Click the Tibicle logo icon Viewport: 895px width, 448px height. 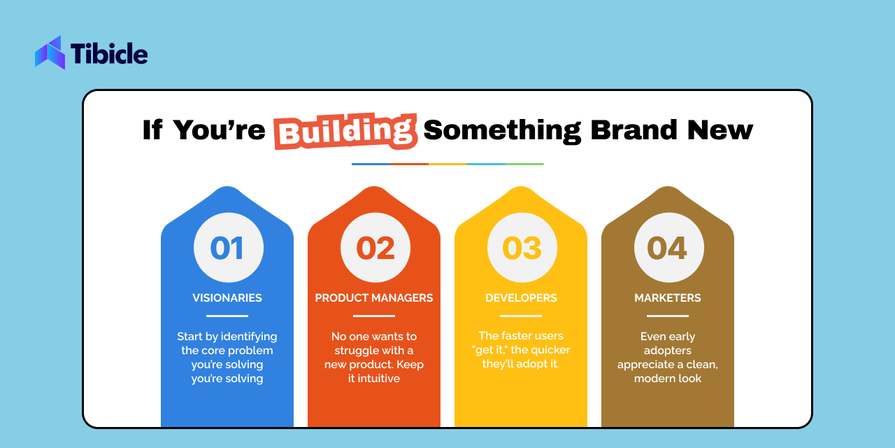coord(50,52)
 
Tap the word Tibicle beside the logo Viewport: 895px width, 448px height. coord(109,54)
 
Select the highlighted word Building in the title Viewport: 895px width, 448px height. coord(345,131)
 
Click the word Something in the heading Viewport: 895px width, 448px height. coord(502,130)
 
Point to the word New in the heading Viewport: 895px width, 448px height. coord(720,130)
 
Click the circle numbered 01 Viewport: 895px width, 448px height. coord(229,248)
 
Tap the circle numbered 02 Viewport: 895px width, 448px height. coord(375,248)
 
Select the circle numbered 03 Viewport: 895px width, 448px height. coord(522,248)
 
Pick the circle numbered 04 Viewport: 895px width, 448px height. coord(669,248)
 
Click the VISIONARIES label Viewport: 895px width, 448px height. coord(227,298)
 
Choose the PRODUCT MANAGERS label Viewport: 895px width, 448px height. coord(374,298)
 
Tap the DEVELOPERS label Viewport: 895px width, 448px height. coord(521,298)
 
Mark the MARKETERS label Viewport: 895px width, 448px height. coord(668,298)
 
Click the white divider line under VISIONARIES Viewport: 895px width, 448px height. coord(227,316)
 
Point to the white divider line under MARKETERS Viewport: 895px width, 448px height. coord(668,316)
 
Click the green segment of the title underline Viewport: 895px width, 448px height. coord(524,164)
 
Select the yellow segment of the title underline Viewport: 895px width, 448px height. coord(447,164)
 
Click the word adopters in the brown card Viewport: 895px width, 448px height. coord(668,351)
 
